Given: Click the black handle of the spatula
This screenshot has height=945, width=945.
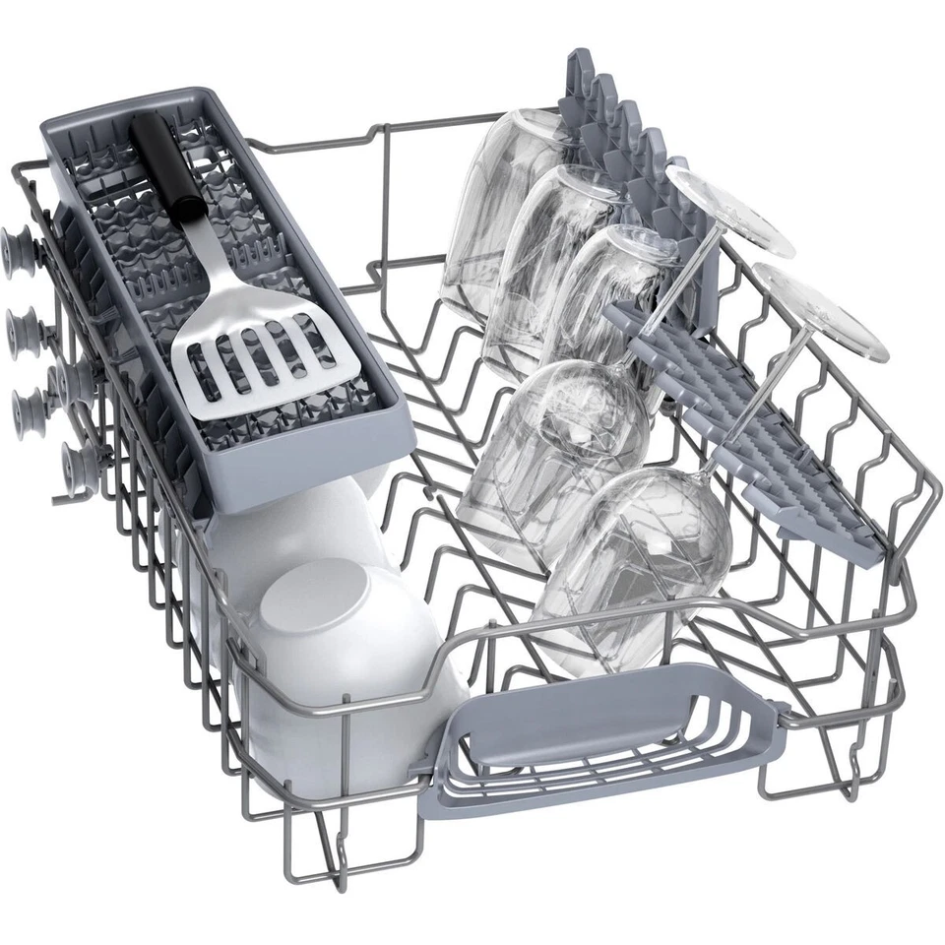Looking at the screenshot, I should click(166, 162).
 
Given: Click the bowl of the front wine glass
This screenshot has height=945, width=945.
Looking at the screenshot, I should click(630, 561).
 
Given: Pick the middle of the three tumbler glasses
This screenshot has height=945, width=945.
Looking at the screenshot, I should click(551, 256).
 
